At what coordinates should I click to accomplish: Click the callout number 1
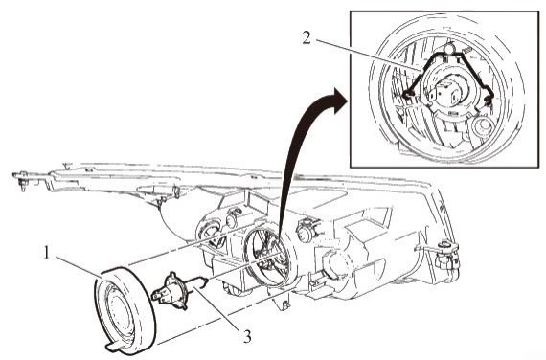(x=46, y=253)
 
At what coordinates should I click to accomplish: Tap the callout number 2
(x=307, y=38)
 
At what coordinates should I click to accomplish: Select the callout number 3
(x=247, y=337)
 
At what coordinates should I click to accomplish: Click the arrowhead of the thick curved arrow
(x=339, y=101)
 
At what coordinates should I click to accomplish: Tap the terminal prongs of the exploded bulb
(x=157, y=297)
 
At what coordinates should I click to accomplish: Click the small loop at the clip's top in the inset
(x=450, y=46)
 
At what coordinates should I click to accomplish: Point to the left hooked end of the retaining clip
(x=407, y=94)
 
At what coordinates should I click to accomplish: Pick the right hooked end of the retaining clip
(x=489, y=99)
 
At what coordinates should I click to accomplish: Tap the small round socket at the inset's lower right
(x=483, y=124)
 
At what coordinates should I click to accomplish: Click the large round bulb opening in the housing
(x=267, y=258)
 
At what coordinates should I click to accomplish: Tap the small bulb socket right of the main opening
(x=307, y=229)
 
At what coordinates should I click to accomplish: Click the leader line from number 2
(x=369, y=55)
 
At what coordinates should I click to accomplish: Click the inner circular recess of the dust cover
(x=118, y=310)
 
